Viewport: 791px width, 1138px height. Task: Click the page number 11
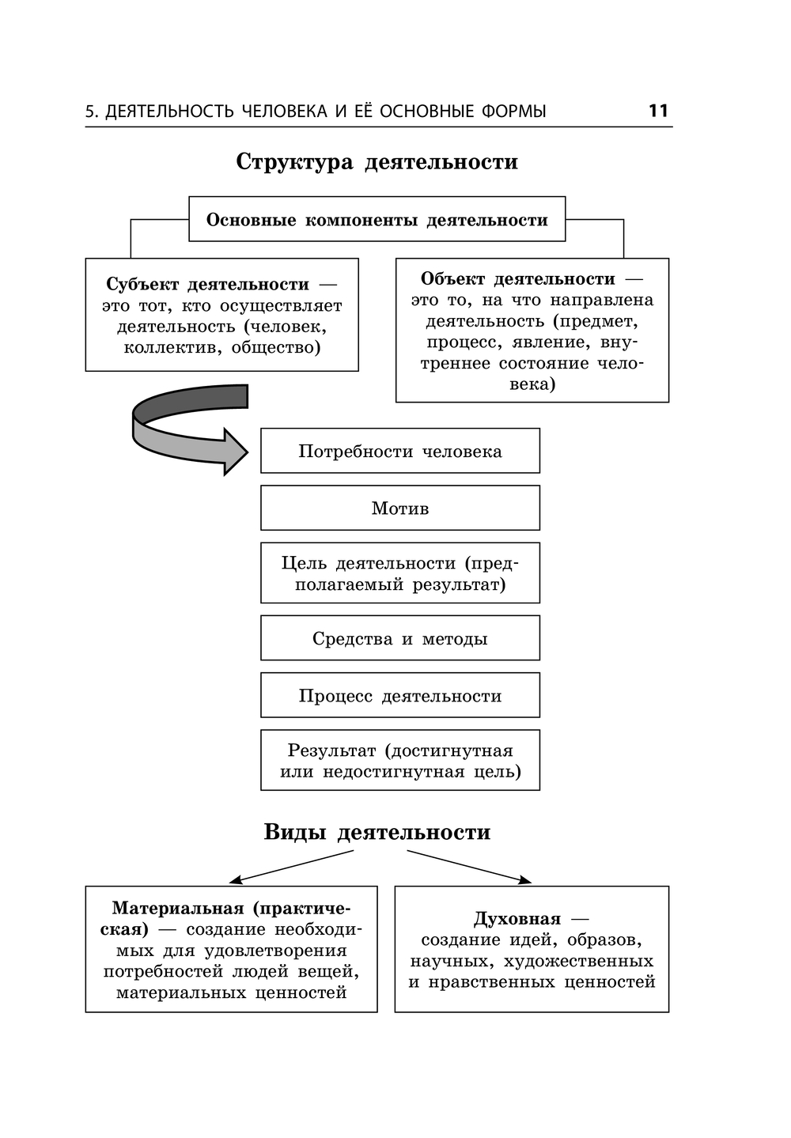coord(658,111)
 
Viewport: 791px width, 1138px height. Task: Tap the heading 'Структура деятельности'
coord(377,162)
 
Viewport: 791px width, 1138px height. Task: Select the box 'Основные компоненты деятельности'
coord(377,220)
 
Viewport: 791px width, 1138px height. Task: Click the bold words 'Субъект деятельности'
coord(207,285)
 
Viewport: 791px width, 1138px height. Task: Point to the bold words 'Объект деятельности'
coord(517,279)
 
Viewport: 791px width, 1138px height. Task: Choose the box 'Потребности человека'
coord(400,452)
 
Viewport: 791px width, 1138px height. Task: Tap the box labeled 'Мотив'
coord(400,509)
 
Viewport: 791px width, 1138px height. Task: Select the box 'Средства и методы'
coord(400,639)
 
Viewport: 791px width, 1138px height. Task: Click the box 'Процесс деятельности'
coord(400,696)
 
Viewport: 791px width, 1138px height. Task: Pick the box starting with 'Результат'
coord(400,761)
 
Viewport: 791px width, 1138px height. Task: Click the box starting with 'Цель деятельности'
coord(400,574)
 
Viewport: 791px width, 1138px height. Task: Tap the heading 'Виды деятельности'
coord(377,833)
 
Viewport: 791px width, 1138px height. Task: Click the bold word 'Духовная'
coord(517,919)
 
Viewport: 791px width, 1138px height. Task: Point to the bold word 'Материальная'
coord(178,909)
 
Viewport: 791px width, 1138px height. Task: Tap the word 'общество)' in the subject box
coord(276,348)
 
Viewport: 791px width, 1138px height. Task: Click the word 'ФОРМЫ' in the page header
coord(513,112)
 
